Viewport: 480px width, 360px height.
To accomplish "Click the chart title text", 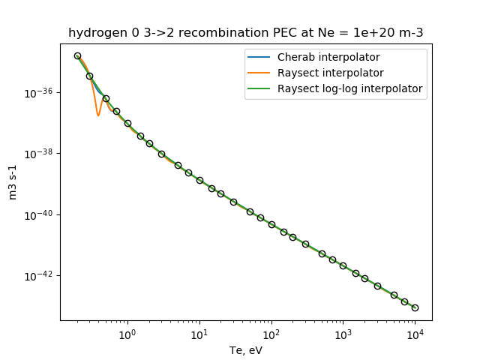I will [x=245, y=33].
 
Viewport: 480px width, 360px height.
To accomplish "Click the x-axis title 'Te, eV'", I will [x=245, y=350].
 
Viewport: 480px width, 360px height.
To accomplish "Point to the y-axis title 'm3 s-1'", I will [x=13, y=182].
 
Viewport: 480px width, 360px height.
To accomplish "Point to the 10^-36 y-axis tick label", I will [x=40, y=93].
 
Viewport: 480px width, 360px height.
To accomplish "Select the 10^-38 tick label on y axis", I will [x=40, y=154].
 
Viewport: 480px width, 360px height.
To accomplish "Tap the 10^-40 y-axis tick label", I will [x=40, y=215].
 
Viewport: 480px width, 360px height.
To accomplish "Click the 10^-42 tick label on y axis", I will [x=40, y=276].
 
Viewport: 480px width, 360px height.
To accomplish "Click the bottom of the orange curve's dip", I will [x=98, y=115].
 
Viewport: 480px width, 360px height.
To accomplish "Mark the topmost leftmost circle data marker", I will [x=77, y=55].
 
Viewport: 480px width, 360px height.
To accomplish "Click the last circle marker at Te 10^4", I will [x=415, y=307].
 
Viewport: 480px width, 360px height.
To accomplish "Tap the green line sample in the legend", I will [x=261, y=88].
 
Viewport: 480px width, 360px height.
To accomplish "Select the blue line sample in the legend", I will [x=261, y=58].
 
